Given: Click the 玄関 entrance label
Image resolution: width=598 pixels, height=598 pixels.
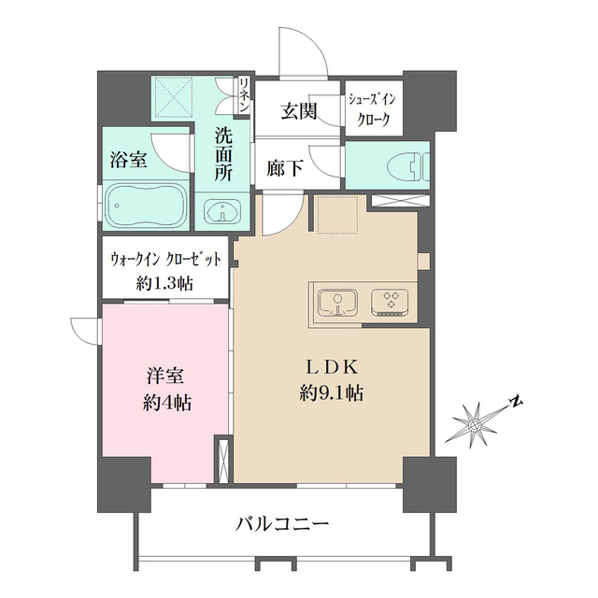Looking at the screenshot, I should click(299, 111).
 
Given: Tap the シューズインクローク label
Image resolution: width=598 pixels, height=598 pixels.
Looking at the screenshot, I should click(373, 110).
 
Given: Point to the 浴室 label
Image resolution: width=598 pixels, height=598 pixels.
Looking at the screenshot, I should click(128, 159).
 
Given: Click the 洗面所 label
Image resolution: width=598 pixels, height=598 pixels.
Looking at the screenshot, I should click(222, 153).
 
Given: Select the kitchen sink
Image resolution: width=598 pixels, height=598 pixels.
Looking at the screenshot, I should click(335, 302).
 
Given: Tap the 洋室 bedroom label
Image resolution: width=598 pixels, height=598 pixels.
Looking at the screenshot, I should click(164, 377).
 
